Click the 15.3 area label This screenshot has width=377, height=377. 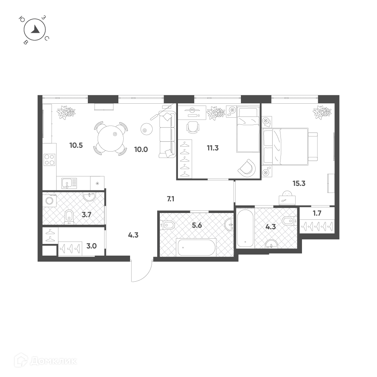coord(299,184)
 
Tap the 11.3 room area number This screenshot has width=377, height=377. coord(213,148)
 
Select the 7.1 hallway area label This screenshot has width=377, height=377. coord(170,199)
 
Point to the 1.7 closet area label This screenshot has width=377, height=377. coord(317,213)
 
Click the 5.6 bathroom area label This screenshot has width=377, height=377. coord(197,225)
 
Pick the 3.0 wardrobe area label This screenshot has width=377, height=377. coord(92,246)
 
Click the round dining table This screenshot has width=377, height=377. coord(110,138)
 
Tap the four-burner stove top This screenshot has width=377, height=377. coord(50,159)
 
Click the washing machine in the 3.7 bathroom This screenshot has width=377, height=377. coord(49,201)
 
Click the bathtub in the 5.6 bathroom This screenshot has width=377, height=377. coord(197,247)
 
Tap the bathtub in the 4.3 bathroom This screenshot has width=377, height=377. coord(245,228)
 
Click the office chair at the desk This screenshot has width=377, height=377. coord(193,127)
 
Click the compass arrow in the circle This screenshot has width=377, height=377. coord(36,29)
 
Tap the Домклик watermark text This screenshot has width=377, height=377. coord(53,361)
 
